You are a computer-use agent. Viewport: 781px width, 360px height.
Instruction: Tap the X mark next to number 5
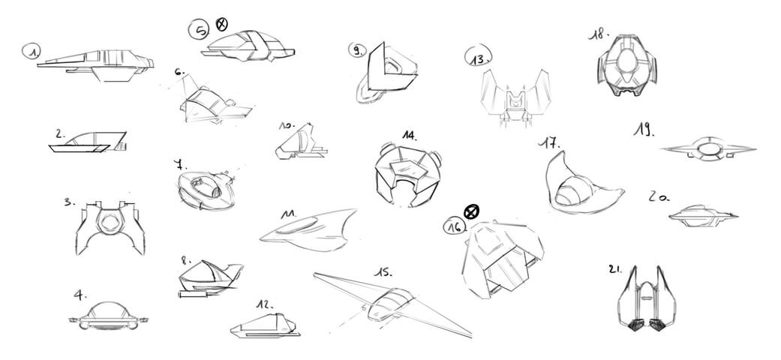click(x=222, y=24)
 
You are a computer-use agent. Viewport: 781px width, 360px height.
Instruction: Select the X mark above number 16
click(x=470, y=211)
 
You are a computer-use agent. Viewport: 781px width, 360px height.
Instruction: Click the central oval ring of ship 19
click(x=707, y=150)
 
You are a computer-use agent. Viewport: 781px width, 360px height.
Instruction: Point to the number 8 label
click(x=185, y=261)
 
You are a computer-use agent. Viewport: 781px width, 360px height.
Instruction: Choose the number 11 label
click(x=287, y=214)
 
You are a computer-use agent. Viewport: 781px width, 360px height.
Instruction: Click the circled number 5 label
click(x=200, y=30)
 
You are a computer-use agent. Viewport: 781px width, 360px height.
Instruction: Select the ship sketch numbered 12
click(x=266, y=324)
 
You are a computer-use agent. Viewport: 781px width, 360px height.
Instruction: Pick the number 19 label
click(x=642, y=130)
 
